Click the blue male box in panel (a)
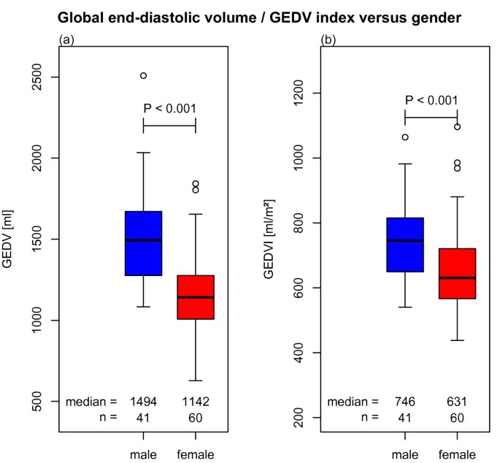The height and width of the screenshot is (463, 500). pos(143,243)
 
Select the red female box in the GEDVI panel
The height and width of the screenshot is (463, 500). pos(457,273)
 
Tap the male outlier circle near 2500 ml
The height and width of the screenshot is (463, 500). pos(143,75)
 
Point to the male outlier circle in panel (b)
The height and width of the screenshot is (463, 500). pos(405,137)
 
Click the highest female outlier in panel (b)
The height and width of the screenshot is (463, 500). pos(457,126)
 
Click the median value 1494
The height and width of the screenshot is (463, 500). pos(143,402)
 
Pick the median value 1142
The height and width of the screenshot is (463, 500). pos(196,402)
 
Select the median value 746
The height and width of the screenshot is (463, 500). pos(404,402)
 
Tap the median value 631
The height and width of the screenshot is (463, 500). pos(457,402)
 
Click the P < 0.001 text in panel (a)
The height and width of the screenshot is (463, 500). pos(169,109)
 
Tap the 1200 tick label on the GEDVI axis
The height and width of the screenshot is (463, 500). pos(296,93)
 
